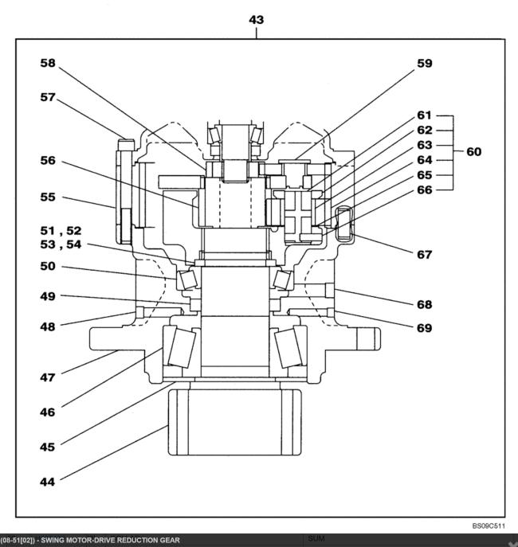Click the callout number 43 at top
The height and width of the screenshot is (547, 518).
[x=256, y=20]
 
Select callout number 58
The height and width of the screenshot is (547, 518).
[x=48, y=63]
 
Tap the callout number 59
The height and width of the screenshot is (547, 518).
[x=425, y=64]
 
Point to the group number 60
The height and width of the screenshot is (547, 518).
[x=473, y=152]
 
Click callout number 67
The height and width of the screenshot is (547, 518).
[x=425, y=255]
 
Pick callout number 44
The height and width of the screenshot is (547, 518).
[x=48, y=483]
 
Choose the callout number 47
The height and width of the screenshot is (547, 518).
[x=48, y=377]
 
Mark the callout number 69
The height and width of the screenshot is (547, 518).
[x=425, y=328]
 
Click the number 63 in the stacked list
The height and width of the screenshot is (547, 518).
[x=425, y=145]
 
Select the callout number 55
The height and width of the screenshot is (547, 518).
[x=48, y=197]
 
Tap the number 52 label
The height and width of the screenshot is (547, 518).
[x=73, y=231]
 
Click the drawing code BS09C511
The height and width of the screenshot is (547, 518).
[x=489, y=526]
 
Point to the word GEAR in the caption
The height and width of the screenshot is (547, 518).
[x=170, y=541]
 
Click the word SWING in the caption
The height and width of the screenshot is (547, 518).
[x=52, y=541]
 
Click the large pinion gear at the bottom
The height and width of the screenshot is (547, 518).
[x=234, y=422]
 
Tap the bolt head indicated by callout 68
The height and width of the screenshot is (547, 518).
[x=330, y=291]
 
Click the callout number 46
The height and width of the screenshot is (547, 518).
[x=48, y=412]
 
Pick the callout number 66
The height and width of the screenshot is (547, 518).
[x=425, y=189]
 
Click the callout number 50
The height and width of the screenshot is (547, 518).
[x=48, y=266]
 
